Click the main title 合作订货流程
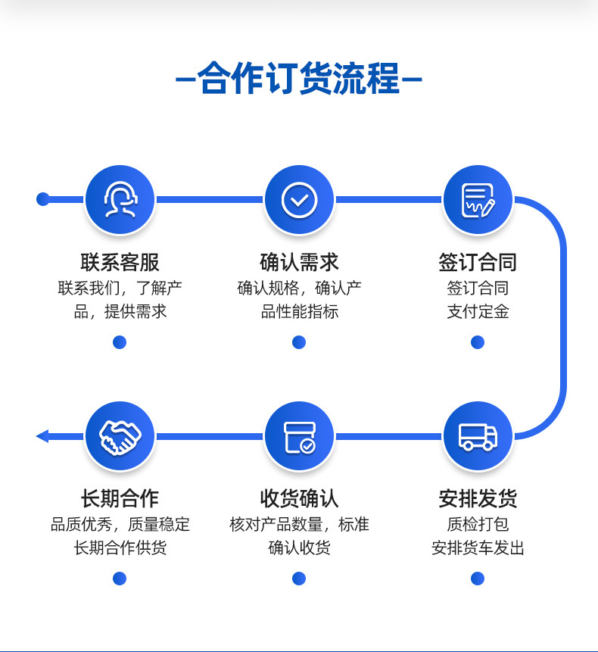tap(299, 80)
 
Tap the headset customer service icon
tap(120, 199)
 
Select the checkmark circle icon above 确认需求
tap(299, 199)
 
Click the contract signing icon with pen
tap(478, 199)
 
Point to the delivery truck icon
tap(478, 436)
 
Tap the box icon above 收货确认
tap(299, 436)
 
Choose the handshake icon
tap(120, 436)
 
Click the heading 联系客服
tap(120, 262)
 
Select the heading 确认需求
tap(299, 262)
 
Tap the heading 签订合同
tap(478, 262)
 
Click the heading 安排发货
tap(478, 498)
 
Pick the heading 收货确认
tap(299, 498)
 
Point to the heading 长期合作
tap(120, 498)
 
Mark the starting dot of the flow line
tap(43, 199)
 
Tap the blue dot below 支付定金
tap(478, 342)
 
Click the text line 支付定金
tap(478, 311)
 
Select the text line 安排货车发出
tap(478, 547)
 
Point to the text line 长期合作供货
tap(120, 547)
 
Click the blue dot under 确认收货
tap(299, 579)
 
